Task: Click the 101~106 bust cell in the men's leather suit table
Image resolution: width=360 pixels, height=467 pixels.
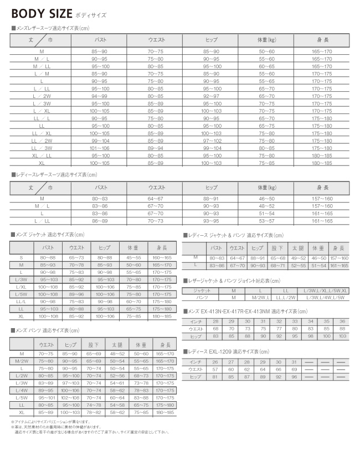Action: point(100,148)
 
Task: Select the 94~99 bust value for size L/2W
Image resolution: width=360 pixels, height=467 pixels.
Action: point(100,96)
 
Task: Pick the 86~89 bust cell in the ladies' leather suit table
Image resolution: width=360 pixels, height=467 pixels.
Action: point(100,221)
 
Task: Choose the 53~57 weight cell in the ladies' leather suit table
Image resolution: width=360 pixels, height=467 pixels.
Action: point(267,221)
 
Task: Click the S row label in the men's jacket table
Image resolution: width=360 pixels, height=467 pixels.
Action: point(22,257)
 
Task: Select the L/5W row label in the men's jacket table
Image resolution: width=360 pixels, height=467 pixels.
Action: point(22,294)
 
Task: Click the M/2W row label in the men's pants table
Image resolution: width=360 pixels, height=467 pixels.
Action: point(22,360)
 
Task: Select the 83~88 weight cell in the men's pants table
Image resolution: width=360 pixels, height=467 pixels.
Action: point(141,397)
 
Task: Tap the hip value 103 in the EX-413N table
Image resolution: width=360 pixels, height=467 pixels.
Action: point(342,336)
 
